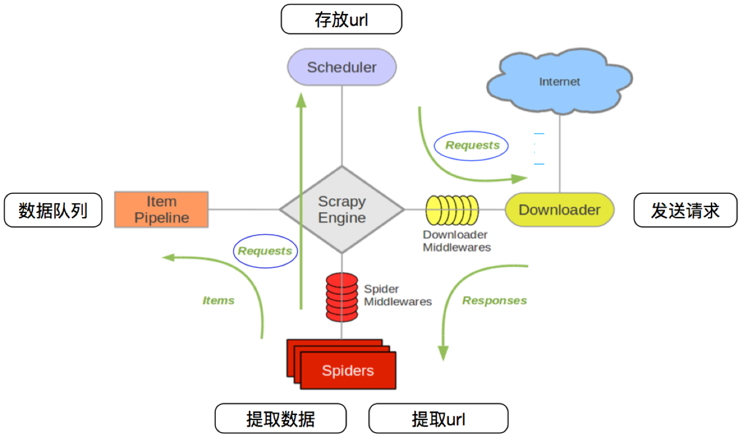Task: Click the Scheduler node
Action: coord(342,67)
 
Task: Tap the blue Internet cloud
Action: coord(559,82)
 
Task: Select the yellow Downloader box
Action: coord(559,209)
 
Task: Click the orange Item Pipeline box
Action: coord(161,209)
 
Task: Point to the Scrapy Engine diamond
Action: coord(342,209)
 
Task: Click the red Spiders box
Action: coord(347,370)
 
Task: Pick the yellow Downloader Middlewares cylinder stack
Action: coord(452,209)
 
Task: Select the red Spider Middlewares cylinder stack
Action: coord(342,296)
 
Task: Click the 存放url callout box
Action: coord(341,20)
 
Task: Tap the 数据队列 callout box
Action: coord(53,211)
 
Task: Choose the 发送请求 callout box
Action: coord(685,211)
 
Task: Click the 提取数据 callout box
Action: coord(281,419)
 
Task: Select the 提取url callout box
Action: coord(438,419)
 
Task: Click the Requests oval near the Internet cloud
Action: coord(472,146)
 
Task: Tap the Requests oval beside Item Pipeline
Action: coord(265,251)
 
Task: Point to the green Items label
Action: coord(218,301)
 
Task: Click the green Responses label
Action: coord(494,301)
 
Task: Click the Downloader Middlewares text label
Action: coord(456,241)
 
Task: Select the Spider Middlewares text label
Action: coord(397,295)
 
